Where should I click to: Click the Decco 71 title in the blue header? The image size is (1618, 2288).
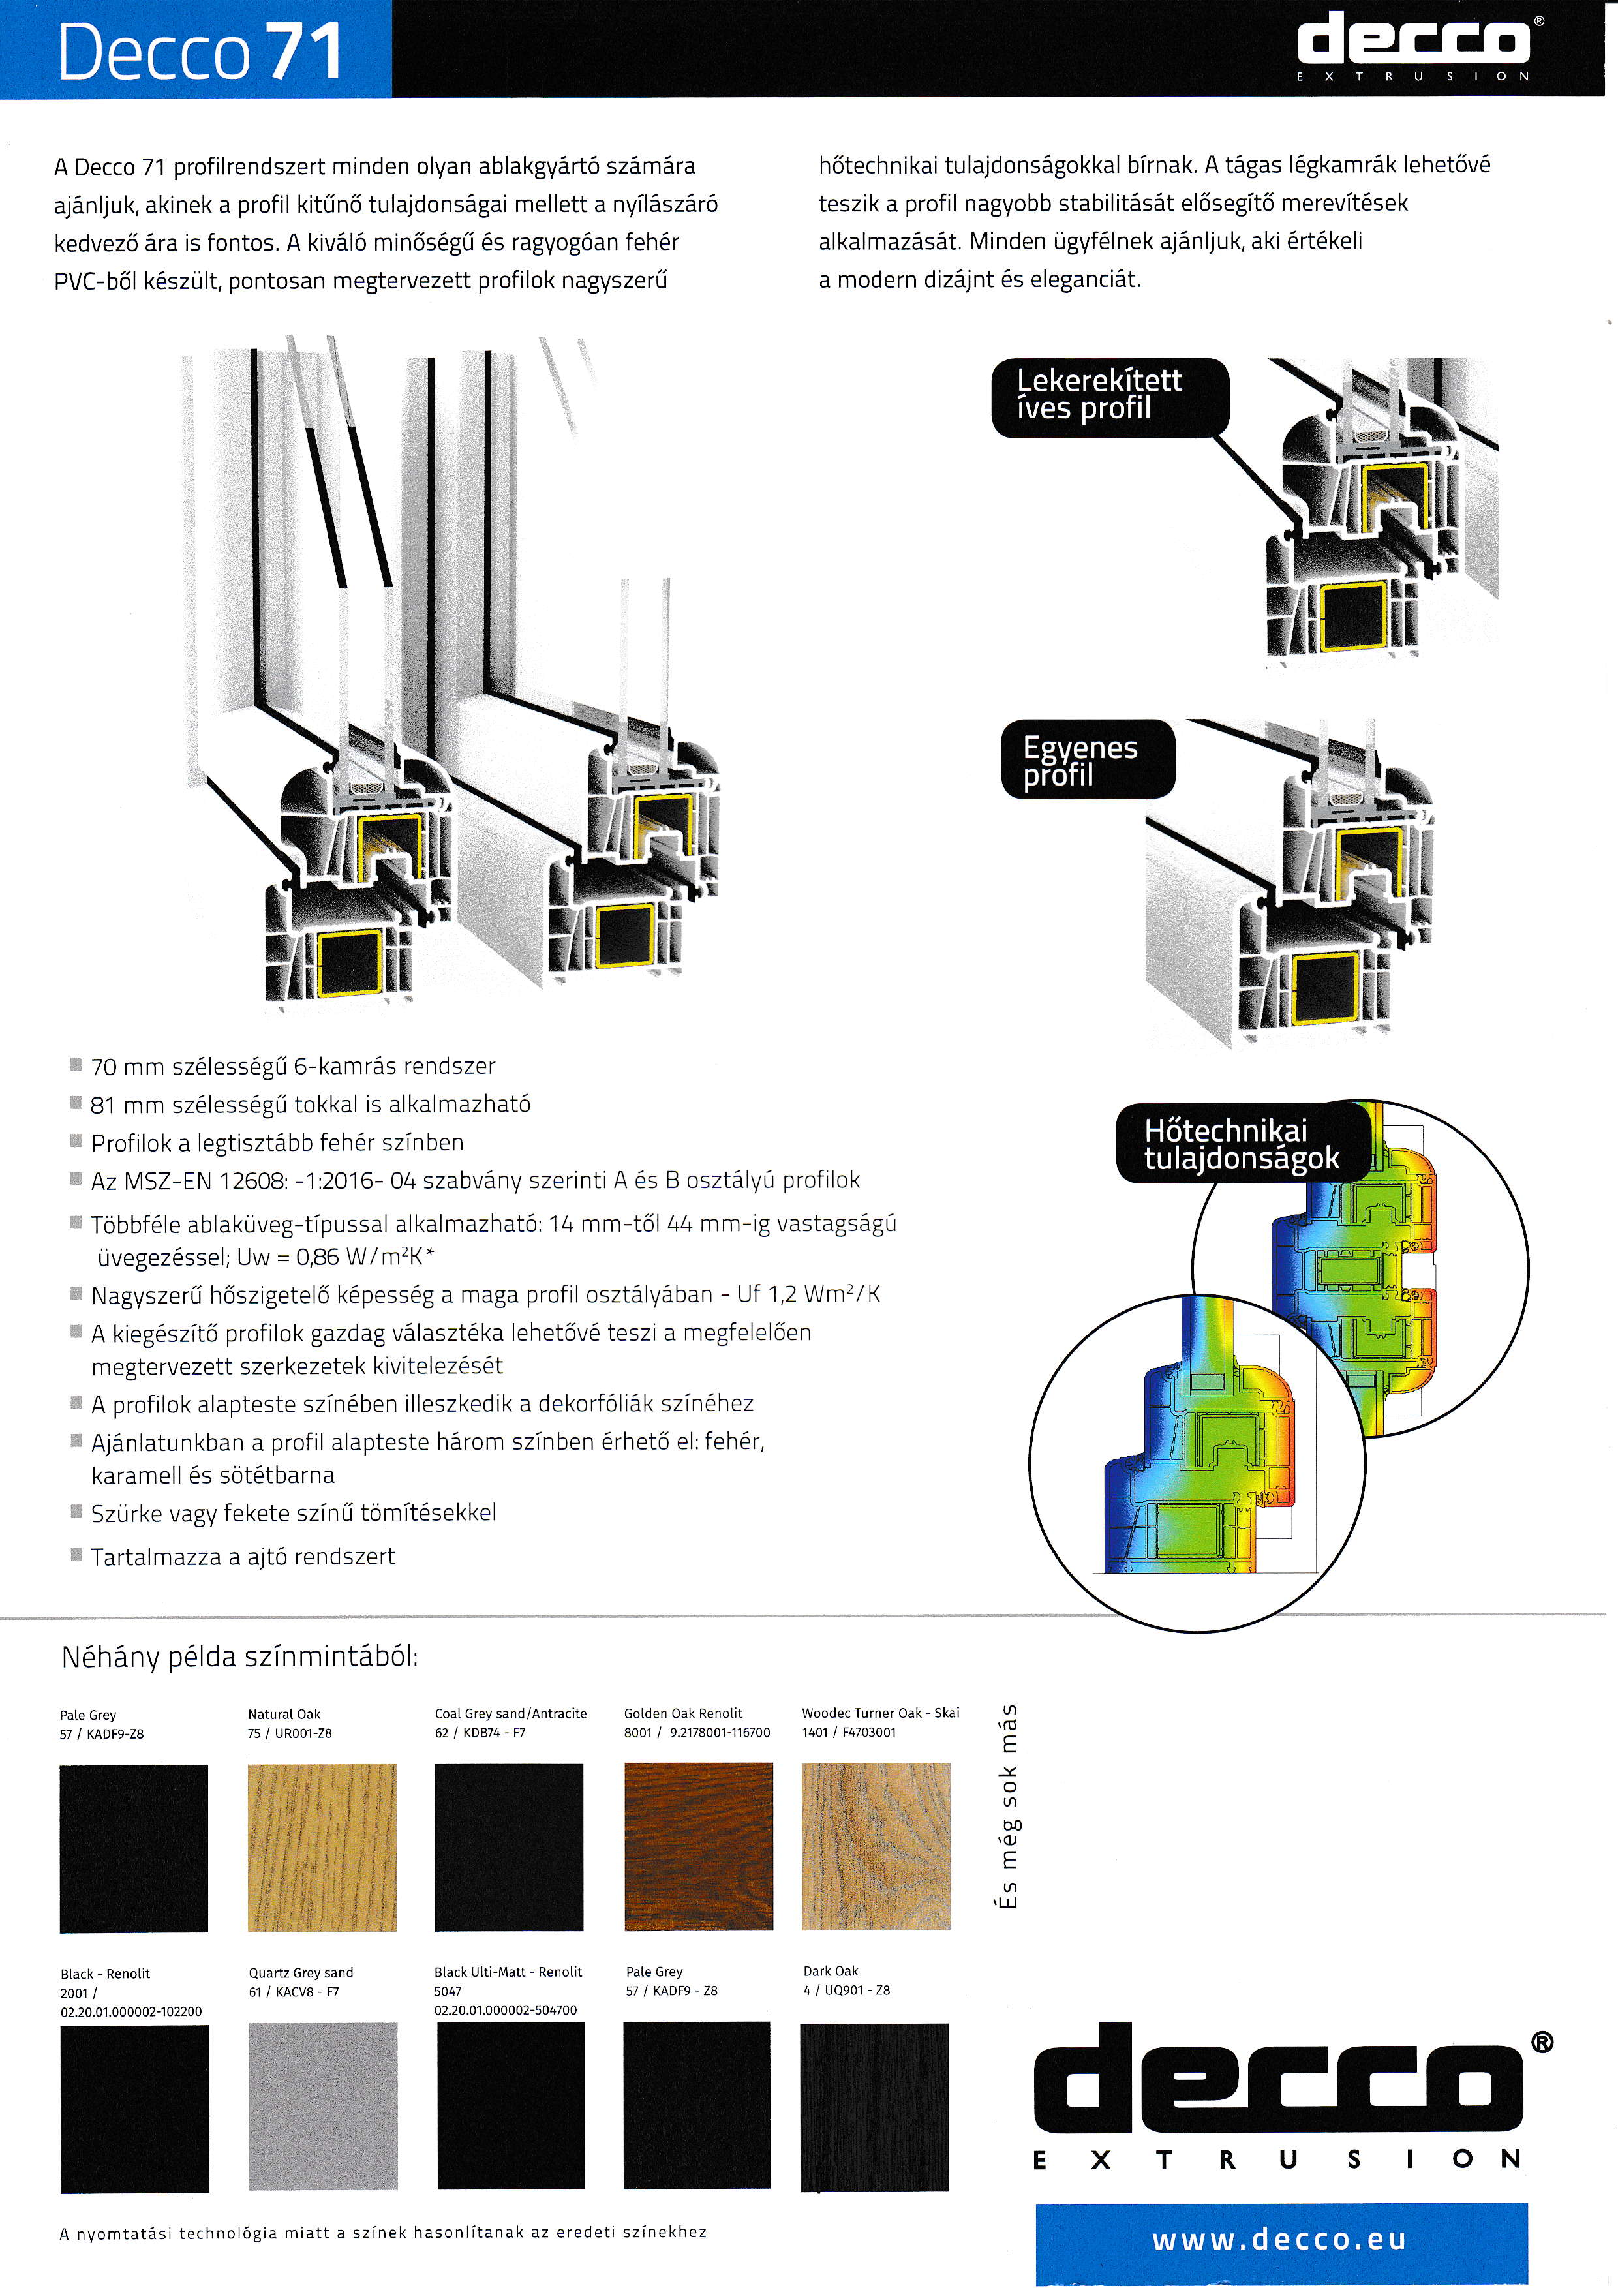[199, 52]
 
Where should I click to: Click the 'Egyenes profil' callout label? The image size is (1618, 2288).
[1086, 760]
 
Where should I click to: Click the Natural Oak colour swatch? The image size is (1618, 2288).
[322, 1848]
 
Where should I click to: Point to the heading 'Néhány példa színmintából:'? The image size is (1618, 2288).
[239, 1657]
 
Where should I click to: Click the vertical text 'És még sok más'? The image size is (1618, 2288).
[1008, 1806]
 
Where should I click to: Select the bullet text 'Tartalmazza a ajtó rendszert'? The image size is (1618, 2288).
[242, 1557]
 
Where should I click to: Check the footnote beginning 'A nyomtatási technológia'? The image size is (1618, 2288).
[382, 2232]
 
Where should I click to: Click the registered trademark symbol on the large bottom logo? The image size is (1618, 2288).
[1540, 2043]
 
